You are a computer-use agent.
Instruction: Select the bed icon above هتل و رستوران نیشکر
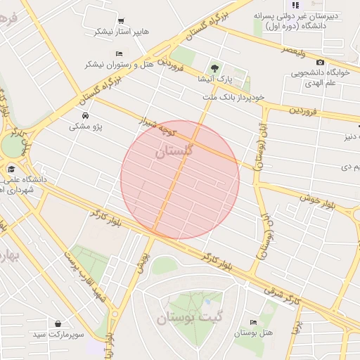(119, 53)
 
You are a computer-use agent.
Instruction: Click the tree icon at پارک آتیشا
(214, 68)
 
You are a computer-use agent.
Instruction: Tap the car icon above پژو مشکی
(85, 115)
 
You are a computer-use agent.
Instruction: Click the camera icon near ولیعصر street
(321, 62)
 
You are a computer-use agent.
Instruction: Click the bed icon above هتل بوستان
(253, 322)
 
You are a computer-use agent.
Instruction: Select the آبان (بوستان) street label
(257, 143)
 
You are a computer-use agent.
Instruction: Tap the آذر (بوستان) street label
(266, 233)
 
